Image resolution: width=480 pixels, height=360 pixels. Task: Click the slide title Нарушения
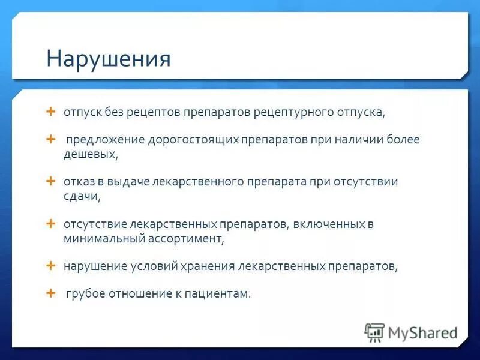[x=109, y=59]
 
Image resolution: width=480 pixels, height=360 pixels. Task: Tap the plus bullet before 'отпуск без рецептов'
[x=50, y=112]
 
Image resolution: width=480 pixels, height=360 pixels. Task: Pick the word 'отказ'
[x=77, y=181]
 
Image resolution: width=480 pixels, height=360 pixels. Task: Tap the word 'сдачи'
[x=81, y=196]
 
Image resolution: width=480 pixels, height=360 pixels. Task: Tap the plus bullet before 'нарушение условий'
[x=50, y=265]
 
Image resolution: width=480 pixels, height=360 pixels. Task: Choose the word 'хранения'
[x=209, y=266]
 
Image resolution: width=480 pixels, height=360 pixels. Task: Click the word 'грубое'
[x=86, y=294]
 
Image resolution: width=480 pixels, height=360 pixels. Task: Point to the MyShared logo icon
[x=374, y=332]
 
